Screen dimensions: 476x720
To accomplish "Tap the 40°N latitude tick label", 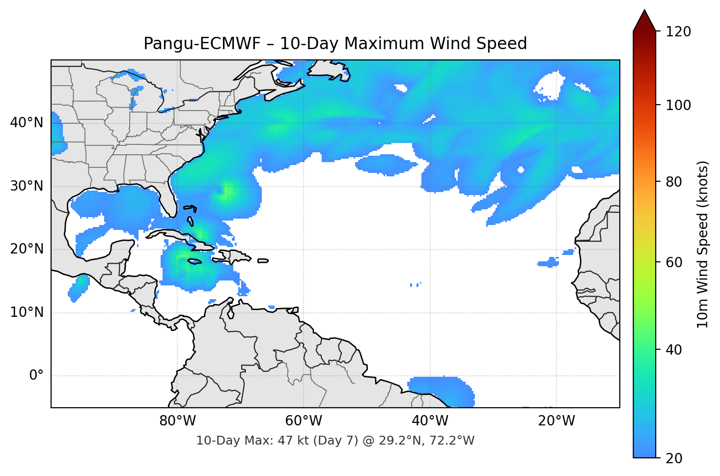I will pos(27,123).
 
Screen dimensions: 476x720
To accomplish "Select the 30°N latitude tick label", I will pos(27,186).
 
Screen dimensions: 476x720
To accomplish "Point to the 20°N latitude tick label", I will pos(27,249).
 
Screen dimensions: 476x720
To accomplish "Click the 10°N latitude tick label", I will pos(27,312).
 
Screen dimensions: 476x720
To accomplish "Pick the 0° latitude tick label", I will pos(36,376).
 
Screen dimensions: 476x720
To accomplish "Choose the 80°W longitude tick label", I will pos(177,421).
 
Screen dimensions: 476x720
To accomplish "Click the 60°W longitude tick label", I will pos(304,421).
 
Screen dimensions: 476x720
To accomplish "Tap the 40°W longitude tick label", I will pos(430,421).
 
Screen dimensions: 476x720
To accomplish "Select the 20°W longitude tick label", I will pos(556,421).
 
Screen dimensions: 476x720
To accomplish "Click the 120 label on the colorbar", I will pos(678,31).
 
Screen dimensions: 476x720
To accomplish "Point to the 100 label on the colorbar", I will pos(678,105).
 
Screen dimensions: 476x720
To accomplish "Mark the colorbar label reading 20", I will pos(674,458).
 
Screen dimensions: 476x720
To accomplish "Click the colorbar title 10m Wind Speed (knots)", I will pos(703,244).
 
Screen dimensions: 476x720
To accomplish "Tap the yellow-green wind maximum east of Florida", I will pos(227,192).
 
